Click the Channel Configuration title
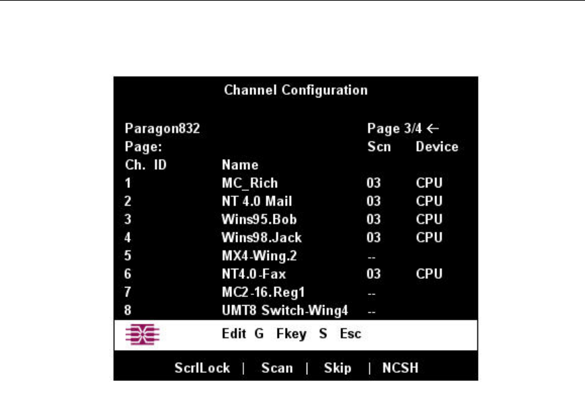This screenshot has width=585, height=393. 295,89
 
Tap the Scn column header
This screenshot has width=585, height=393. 379,146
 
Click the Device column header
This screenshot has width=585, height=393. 436,146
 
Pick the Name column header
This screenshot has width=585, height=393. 240,165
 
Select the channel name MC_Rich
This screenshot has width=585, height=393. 249,183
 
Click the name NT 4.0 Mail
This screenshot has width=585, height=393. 257,201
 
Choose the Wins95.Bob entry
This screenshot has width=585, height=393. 259,219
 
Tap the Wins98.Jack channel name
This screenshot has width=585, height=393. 262,237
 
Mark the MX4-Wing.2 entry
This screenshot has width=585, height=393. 259,255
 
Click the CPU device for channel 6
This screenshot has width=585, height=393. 429,273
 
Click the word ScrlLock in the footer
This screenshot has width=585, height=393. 202,368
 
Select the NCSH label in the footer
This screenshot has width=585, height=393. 401,368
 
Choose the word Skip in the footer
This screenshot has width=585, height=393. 338,368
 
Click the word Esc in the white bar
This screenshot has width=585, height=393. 350,334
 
